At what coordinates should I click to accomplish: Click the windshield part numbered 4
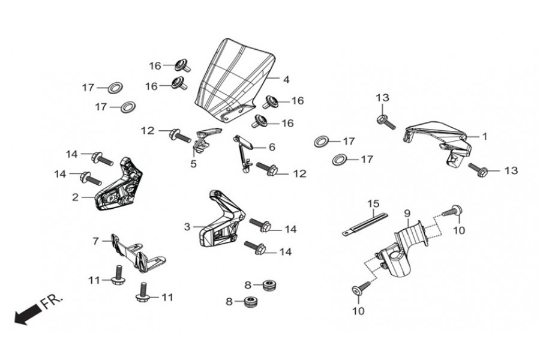[234, 78]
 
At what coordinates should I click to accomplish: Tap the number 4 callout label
[286, 79]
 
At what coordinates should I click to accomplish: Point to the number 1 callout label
[484, 137]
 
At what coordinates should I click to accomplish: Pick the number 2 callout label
[75, 196]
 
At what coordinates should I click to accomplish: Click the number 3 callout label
[187, 227]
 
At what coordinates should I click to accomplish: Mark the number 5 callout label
[193, 163]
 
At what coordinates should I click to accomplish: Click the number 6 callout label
[271, 147]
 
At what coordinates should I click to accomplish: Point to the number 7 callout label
[95, 241]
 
